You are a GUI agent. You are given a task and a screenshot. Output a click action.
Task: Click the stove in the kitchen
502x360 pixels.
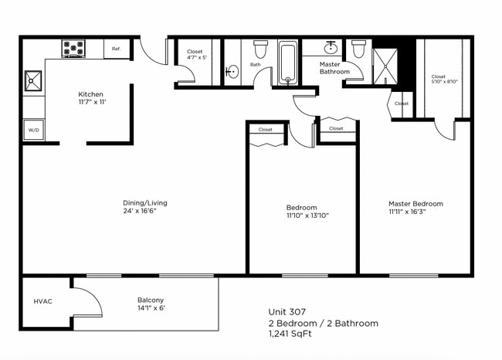(x=73, y=49)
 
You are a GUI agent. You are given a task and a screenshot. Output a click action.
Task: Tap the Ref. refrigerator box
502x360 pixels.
(x=116, y=49)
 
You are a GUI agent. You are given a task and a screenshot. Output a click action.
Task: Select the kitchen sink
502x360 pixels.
(x=32, y=80)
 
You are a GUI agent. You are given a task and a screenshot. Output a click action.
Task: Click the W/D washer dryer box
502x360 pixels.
(x=33, y=131)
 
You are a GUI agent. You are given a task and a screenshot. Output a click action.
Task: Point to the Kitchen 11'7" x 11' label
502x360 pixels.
(x=90, y=98)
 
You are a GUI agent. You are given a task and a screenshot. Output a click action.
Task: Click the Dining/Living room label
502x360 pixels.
(x=144, y=207)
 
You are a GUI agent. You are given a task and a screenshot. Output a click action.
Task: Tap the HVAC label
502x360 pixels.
(x=42, y=301)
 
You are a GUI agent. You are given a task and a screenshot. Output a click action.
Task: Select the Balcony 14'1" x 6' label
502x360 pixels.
(x=151, y=304)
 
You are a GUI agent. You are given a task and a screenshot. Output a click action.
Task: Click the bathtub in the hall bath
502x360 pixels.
(x=287, y=63)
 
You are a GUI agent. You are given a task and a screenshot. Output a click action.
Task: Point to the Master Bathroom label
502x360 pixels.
(x=335, y=68)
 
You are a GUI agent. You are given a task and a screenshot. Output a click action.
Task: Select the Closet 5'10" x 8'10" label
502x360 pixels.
(x=439, y=79)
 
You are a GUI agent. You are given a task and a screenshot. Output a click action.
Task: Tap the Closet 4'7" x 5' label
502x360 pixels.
(x=195, y=55)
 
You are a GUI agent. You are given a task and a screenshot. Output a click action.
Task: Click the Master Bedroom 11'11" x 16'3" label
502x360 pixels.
(x=416, y=208)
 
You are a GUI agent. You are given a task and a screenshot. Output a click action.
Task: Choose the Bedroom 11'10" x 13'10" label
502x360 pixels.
(x=301, y=211)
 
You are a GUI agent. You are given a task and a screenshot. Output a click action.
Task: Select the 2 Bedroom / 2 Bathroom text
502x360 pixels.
(x=323, y=323)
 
